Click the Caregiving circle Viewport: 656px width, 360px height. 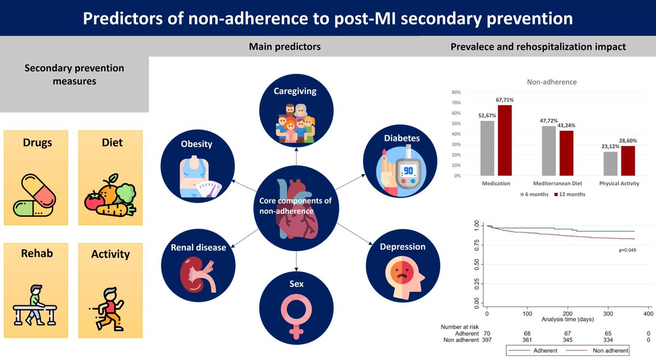coord(296,113)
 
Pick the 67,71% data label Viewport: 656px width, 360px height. coord(505,100)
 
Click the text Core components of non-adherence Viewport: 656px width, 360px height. coord(296,206)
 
